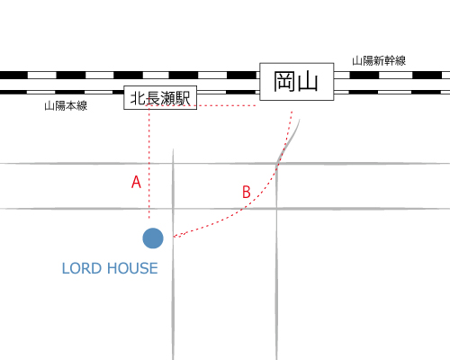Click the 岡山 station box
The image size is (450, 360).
click(x=296, y=82)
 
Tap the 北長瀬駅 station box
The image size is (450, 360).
click(x=160, y=97)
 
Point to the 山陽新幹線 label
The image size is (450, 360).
click(x=379, y=61)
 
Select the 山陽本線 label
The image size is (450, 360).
click(x=66, y=106)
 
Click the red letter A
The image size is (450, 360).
click(x=136, y=182)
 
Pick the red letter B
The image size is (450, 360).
click(x=247, y=192)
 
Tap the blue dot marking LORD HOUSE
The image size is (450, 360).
click(x=153, y=238)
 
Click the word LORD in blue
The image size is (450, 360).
click(x=81, y=268)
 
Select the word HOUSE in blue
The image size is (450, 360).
click(x=132, y=268)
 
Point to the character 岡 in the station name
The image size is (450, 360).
click(x=283, y=82)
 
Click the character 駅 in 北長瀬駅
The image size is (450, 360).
click(x=183, y=98)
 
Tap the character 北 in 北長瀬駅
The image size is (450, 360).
click(x=138, y=98)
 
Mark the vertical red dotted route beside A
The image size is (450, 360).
click(x=149, y=162)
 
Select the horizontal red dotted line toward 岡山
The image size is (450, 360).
click(x=201, y=105)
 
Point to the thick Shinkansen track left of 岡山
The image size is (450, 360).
click(x=130, y=75)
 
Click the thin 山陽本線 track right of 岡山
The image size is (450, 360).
click(x=391, y=92)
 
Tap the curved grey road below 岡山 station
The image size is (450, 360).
click(x=287, y=142)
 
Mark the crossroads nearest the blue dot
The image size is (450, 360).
click(x=173, y=208)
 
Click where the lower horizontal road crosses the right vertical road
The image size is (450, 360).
click(x=276, y=208)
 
